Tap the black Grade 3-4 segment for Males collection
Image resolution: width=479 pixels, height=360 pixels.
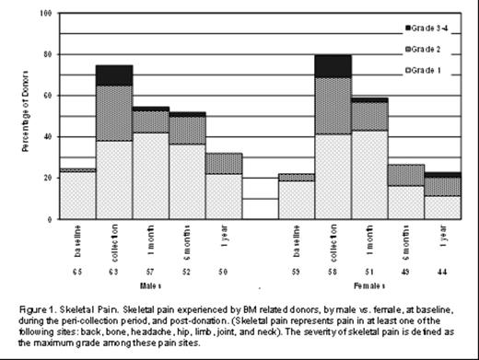click(113, 75)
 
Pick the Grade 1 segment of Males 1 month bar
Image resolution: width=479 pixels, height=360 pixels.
click(149, 175)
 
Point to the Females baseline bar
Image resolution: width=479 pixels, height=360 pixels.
click(296, 199)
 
